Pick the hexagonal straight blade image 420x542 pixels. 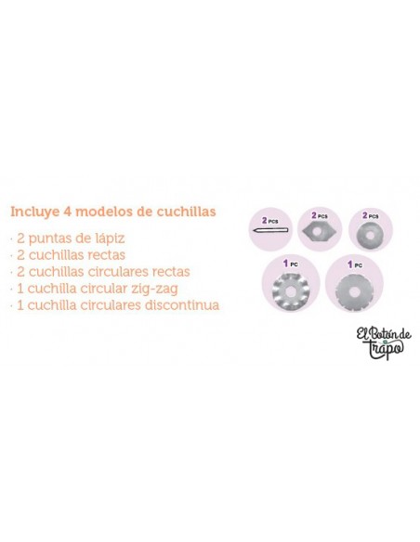(320, 230)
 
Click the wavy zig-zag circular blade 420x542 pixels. (290, 285)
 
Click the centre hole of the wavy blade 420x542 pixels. (290, 285)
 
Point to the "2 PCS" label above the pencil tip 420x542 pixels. (270, 221)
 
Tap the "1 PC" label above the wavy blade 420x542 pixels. (291, 264)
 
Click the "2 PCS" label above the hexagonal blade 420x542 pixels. (320, 215)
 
